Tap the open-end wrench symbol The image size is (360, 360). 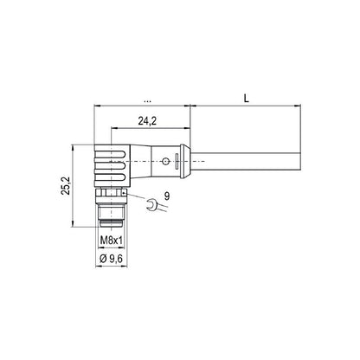pos(152,206)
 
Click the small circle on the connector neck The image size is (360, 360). pos(164,160)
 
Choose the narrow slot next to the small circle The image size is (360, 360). pos(178,160)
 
